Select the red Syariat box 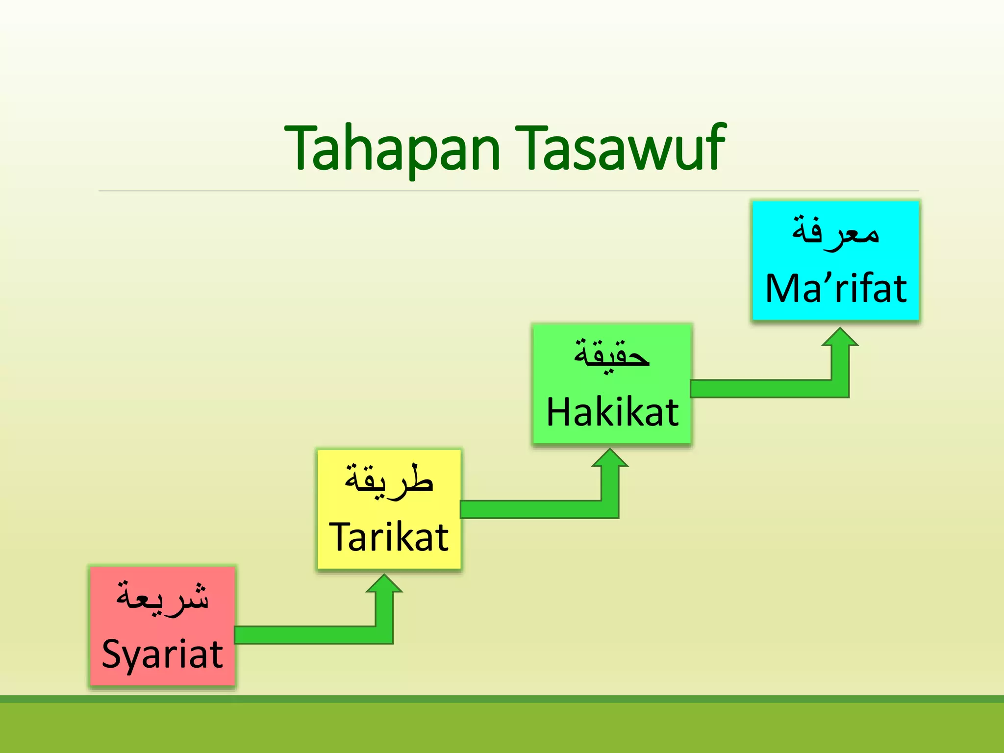click(162, 626)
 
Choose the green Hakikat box click(612, 384)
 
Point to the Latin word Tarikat click(389, 537)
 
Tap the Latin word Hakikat click(612, 412)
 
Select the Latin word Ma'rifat click(836, 289)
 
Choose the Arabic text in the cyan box click(835, 231)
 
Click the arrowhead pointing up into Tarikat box click(384, 585)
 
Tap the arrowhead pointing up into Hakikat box click(610, 459)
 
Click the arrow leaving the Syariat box click(304, 635)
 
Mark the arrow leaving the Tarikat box click(529, 509)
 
